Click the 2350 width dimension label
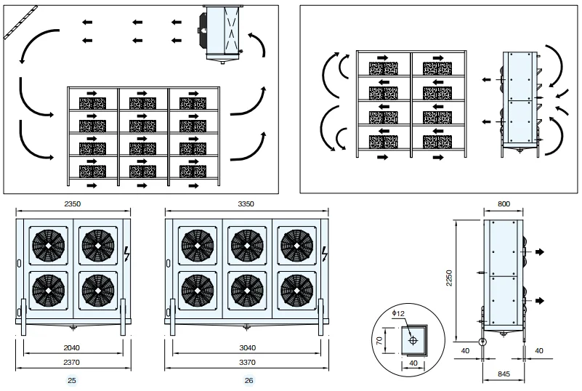pyautogui.click(x=73, y=203)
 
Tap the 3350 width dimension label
pyautogui.click(x=246, y=203)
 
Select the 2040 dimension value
pyautogui.click(x=72, y=348)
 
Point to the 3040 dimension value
pyautogui.click(x=247, y=348)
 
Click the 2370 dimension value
pyautogui.click(x=72, y=363)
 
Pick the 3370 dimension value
pyautogui.click(x=247, y=363)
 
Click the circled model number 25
pyautogui.click(x=72, y=381)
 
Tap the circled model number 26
pyautogui.click(x=249, y=381)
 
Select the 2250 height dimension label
pyautogui.click(x=450, y=278)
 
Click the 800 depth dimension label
pyautogui.click(x=504, y=203)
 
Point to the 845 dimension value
pyautogui.click(x=504, y=374)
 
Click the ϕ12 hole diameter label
pyautogui.click(x=398, y=314)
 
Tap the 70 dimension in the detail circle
pyautogui.click(x=379, y=341)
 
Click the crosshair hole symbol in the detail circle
pyautogui.click(x=413, y=340)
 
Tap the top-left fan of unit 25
pyautogui.click(x=48, y=246)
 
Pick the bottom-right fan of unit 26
pyautogui.click(x=297, y=291)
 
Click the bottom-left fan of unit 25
pyautogui.click(x=48, y=291)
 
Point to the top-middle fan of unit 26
pyautogui.click(x=247, y=246)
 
